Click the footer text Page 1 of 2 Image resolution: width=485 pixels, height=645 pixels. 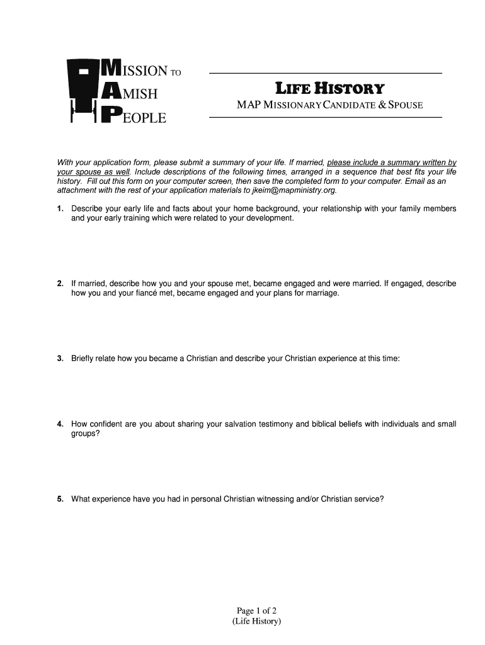[x=257, y=610]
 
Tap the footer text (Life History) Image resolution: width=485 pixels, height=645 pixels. [x=256, y=622]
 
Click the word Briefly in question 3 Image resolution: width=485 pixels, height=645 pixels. [x=84, y=358]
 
